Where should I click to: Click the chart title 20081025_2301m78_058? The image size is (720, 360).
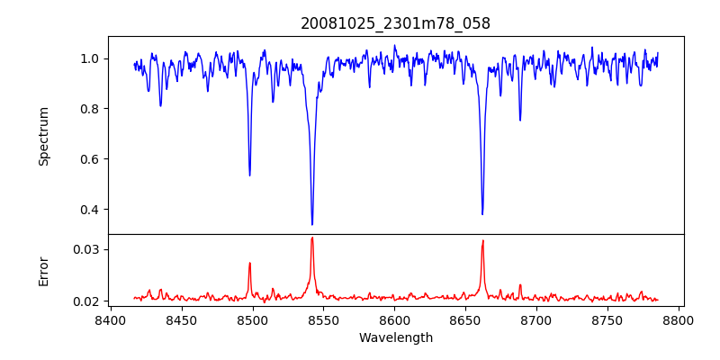395,23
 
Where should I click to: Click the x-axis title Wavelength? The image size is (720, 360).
395,338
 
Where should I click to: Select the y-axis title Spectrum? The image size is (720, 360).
44,136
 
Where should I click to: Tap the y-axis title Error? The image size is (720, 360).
44,271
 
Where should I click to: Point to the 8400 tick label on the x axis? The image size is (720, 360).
110,319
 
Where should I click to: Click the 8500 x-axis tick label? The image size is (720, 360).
252,319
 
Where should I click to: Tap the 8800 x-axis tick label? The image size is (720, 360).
679,319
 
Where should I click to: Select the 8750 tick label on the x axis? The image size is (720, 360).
607,319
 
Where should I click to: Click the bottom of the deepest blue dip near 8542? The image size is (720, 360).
312,224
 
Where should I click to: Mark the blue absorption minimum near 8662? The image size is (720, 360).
482,214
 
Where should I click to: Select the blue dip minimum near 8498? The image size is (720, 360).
249,175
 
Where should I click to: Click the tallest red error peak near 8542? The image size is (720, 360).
312,238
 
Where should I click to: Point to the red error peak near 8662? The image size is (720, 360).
482,240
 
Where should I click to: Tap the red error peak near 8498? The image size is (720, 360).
249,263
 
